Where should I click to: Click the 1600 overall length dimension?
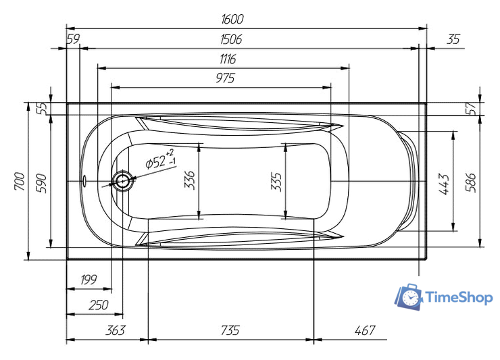232,19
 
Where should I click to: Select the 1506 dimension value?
231,39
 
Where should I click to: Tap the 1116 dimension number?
228,59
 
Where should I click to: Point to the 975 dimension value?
225,78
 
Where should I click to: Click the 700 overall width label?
20,181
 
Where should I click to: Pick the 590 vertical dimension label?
41,183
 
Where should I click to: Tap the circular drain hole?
122,181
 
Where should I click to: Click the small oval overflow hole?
84,181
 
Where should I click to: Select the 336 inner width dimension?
190,180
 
